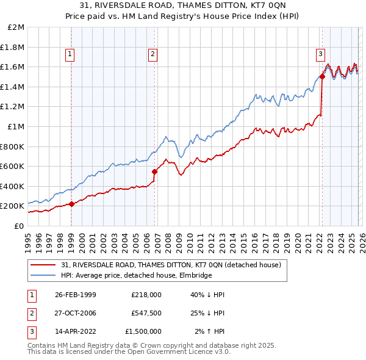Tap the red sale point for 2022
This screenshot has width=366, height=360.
[321, 77]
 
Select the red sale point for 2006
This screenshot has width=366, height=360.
[154, 171]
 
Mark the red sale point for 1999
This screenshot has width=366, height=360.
[72, 204]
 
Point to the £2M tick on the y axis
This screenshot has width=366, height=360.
[16, 27]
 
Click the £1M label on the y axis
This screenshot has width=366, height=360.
[16, 127]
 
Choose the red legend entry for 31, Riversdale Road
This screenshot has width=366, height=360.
[171, 265]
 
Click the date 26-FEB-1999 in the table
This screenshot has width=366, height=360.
[76, 295]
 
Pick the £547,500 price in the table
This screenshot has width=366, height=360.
[146, 313]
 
